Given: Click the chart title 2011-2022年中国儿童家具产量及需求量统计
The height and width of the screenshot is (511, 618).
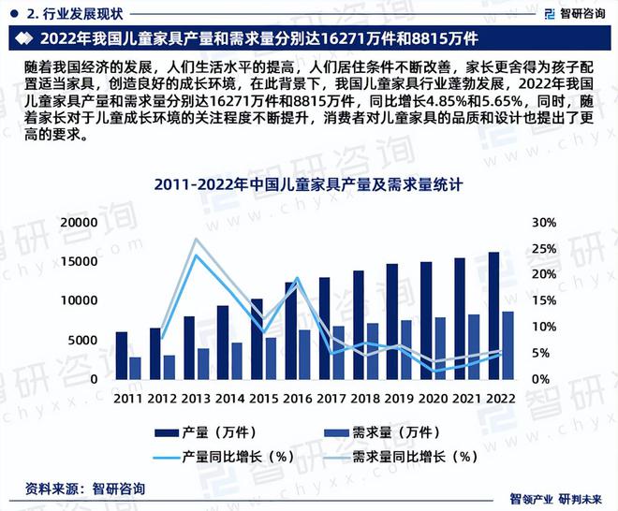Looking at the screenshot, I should [x=310, y=186].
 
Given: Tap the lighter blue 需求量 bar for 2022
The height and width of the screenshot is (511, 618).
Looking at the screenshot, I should [x=508, y=345].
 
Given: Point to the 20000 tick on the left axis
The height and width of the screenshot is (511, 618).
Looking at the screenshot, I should [x=79, y=223].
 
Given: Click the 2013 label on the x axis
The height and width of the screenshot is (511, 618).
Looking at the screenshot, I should [x=197, y=397].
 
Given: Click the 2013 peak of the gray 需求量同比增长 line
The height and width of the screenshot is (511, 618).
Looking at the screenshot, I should [x=196, y=239].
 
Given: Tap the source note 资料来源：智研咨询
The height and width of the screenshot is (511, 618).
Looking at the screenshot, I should [x=82, y=488].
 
